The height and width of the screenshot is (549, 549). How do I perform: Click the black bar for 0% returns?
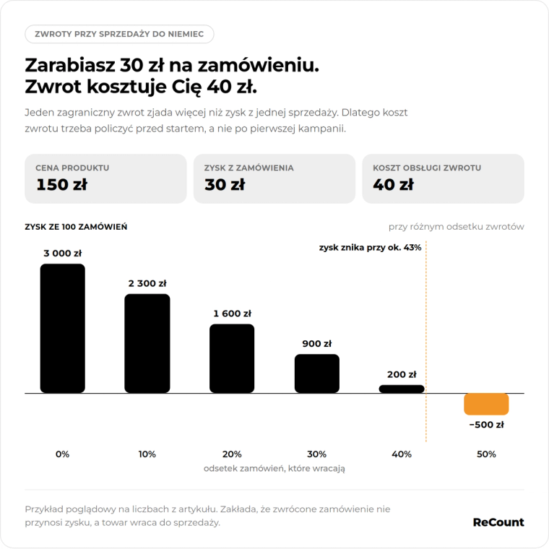click(62, 328)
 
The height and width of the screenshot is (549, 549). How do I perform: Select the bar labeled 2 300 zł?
click(147, 343)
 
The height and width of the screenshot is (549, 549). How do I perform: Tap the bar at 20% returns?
click(232, 358)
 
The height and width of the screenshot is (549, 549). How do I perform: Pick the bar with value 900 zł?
click(317, 373)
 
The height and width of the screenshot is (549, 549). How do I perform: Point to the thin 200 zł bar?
click(402, 389)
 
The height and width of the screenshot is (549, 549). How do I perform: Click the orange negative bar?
click(486, 404)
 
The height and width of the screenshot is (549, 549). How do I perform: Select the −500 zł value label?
click(486, 425)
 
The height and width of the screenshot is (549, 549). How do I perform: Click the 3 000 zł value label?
click(62, 253)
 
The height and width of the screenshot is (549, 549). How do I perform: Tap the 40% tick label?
click(402, 454)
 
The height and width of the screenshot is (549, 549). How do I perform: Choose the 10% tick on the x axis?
click(147, 454)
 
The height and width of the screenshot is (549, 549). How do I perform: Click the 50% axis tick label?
click(486, 454)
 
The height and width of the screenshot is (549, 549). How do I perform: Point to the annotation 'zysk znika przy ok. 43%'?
click(370, 248)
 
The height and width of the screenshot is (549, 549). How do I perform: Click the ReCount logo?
click(498, 522)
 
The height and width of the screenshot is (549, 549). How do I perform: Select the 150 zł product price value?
click(61, 184)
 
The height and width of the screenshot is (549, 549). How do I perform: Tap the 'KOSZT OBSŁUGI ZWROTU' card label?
click(427, 168)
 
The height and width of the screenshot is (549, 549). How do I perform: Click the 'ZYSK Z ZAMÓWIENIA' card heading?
click(248, 168)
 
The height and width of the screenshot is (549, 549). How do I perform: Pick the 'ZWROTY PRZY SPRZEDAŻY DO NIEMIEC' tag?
click(119, 34)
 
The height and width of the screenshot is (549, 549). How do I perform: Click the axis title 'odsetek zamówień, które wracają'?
click(274, 468)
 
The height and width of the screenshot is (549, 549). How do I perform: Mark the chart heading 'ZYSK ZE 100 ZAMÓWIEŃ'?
click(76, 227)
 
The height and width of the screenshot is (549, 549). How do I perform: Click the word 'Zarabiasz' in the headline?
click(69, 65)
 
